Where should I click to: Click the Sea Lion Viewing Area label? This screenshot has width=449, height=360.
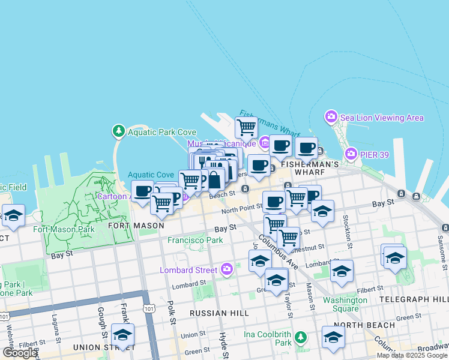382,118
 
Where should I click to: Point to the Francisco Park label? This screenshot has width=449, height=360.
195,240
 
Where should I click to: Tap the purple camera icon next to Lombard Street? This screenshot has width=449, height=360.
227,269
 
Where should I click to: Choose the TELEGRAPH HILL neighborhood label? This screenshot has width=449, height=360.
414,299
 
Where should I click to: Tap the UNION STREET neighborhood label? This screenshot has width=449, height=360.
98,347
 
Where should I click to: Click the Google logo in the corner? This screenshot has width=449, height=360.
20,353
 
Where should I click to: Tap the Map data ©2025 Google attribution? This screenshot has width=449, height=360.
412,355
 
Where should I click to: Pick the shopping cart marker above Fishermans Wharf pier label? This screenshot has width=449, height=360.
246,127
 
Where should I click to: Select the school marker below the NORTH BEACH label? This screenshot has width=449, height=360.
333,337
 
